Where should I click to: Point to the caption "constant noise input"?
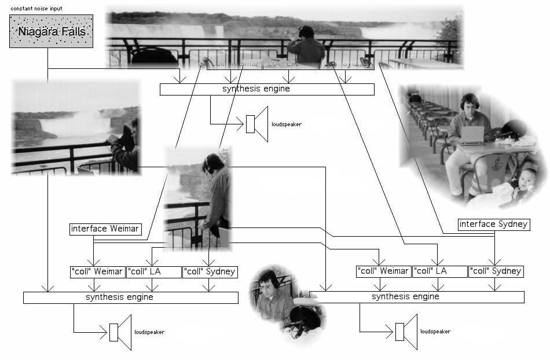coord(36,9)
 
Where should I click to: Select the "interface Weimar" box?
coord(105,229)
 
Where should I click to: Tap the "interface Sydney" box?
coord(494,224)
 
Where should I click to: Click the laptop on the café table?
coord(472,135)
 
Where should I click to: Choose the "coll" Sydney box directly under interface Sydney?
coord(496,271)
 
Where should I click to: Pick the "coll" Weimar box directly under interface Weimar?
coord(97,271)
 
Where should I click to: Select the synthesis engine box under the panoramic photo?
coord(267,89)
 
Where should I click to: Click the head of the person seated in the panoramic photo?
coord(306,33)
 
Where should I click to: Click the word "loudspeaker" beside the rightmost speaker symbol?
coord(435,332)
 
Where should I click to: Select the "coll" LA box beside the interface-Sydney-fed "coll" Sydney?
coord(439,271)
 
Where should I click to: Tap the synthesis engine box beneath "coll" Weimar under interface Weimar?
coord(131,297)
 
